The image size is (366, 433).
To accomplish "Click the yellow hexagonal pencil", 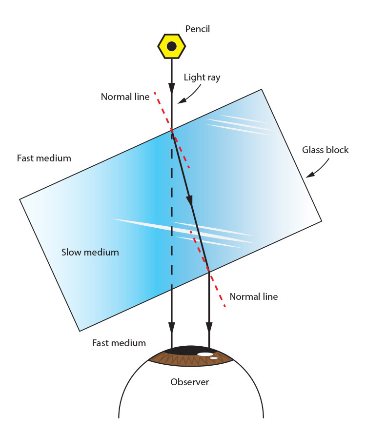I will (172, 46).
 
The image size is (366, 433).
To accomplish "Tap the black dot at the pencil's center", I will (172, 46).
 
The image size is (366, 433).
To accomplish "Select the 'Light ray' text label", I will (202, 77).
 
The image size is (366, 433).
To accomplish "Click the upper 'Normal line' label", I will (125, 97).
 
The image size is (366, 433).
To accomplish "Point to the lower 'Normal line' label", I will (253, 296).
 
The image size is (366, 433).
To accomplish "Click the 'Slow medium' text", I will (90, 252).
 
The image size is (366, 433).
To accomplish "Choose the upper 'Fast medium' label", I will (44, 158).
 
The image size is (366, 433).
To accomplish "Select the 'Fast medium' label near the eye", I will (119, 343).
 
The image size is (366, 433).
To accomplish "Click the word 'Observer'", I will (189, 382).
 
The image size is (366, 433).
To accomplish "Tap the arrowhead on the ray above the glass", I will (172, 89).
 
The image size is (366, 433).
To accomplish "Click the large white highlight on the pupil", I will (205, 354).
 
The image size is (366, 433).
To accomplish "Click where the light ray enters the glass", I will (172, 129).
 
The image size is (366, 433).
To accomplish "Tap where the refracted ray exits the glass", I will (209, 270).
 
